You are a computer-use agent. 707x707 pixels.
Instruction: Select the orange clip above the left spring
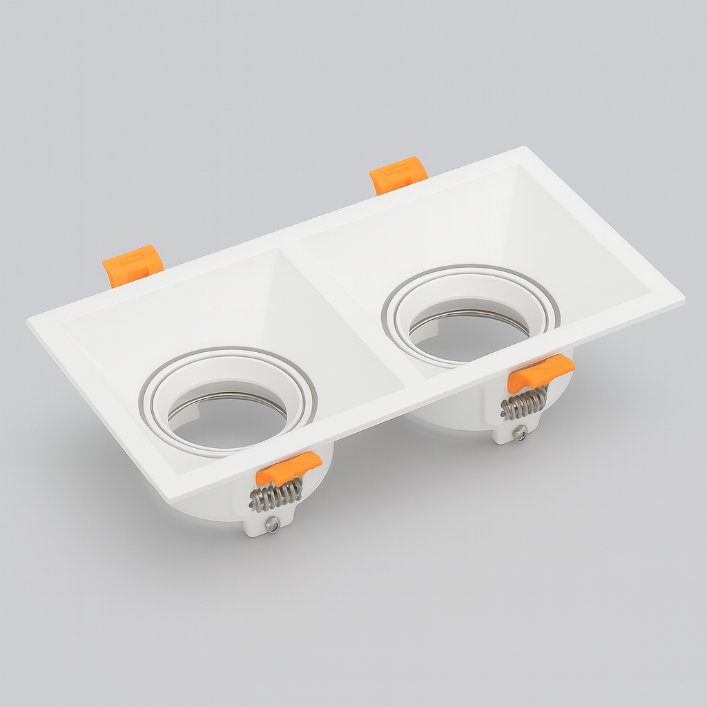[288, 468]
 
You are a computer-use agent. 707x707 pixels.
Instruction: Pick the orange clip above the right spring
[540, 373]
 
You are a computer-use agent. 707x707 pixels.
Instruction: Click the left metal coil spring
[277, 494]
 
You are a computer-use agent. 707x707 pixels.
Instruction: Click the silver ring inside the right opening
[469, 315]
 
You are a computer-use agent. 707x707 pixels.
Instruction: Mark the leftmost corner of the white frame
[29, 321]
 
